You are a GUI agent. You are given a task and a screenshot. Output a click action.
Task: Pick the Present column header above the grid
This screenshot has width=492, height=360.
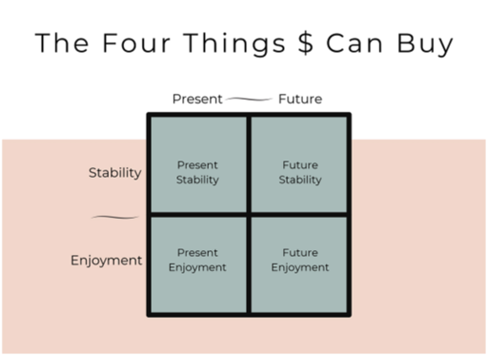pos(197,99)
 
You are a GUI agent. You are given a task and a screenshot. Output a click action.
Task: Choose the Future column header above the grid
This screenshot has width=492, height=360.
pos(300,99)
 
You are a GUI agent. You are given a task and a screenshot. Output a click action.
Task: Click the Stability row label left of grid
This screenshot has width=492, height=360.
pos(115,174)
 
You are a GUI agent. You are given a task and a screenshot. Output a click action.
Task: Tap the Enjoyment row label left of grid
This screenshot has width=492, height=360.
pos(106,260)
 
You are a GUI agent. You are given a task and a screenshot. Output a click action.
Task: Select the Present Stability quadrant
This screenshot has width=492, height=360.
pos(197,165)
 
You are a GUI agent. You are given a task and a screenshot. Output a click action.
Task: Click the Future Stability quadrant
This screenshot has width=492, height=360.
pos(300,165)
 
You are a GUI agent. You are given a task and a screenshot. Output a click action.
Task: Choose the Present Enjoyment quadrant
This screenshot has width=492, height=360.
pos(197,264)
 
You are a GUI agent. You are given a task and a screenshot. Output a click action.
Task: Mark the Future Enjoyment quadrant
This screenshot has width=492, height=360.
pos(300,264)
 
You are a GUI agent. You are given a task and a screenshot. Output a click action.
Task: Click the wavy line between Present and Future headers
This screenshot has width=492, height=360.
pos(249,99)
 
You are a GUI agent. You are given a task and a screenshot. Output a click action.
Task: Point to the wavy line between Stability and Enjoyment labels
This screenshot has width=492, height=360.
pos(115,217)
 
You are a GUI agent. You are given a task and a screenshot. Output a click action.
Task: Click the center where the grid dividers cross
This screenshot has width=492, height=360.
pos(249,215)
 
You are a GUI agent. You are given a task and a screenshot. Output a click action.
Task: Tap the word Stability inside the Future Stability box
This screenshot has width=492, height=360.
pos(300,180)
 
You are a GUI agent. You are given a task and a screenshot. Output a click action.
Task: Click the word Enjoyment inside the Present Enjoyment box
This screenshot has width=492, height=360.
pos(197,268)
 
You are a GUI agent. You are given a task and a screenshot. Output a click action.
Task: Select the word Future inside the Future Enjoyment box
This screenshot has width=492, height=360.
pos(300,253)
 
